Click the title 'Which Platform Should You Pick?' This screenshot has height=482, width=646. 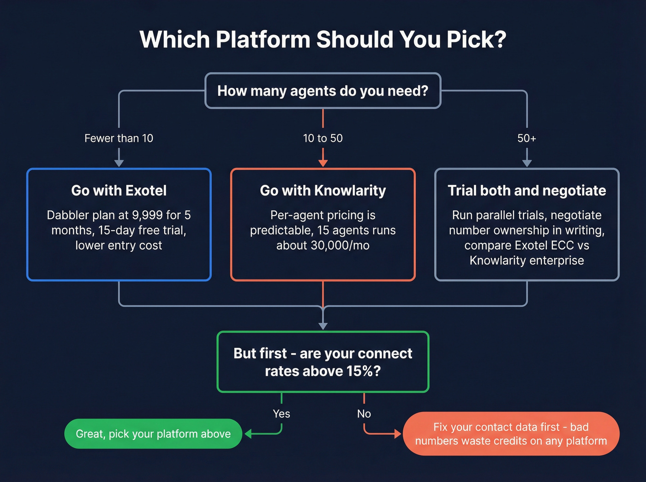[323, 40]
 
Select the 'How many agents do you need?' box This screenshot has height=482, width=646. [323, 91]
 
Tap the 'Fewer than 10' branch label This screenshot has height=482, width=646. [119, 138]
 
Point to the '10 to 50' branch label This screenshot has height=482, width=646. [323, 138]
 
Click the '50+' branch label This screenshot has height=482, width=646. [526, 138]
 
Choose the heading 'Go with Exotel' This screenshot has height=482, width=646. [119, 190]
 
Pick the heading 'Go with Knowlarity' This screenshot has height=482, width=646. [323, 190]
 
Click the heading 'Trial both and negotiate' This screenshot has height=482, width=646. [526, 190]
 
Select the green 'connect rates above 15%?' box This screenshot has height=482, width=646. [323, 362]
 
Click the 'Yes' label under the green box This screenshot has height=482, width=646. [281, 414]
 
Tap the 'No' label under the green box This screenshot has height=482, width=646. [364, 414]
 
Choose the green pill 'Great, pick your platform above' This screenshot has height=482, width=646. [153, 434]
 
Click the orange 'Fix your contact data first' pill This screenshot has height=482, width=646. [511, 434]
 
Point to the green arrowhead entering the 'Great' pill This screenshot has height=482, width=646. [248, 434]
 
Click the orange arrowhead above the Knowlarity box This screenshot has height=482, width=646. [323, 163]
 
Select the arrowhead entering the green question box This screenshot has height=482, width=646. [323, 326]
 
